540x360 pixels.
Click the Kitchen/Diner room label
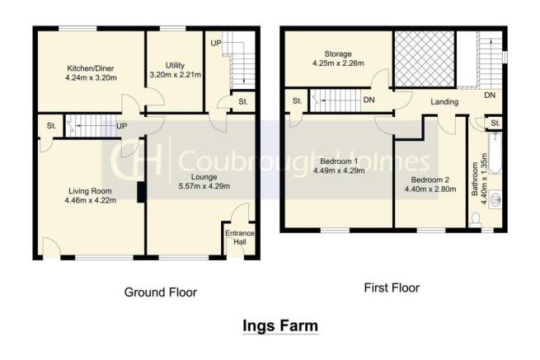(90, 68)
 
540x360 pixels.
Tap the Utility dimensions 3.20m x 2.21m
(176, 75)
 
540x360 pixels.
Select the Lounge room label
(204, 177)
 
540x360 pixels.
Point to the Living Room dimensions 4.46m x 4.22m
(90, 200)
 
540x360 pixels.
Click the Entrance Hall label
(240, 237)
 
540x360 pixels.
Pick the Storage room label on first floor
(338, 54)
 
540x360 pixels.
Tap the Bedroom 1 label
(339, 161)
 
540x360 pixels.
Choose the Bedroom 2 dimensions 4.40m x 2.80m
(430, 189)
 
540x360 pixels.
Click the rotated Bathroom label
(475, 180)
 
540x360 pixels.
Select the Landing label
(444, 102)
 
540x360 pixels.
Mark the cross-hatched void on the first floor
(425, 58)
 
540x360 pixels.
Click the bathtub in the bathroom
(495, 154)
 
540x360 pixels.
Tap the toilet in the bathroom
(476, 220)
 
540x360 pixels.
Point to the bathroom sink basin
(495, 199)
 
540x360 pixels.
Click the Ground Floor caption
(161, 292)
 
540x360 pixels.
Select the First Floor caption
(392, 288)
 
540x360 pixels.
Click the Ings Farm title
(280, 326)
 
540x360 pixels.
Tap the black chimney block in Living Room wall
(141, 192)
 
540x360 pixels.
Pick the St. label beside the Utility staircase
(242, 101)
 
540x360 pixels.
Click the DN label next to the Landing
(490, 96)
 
